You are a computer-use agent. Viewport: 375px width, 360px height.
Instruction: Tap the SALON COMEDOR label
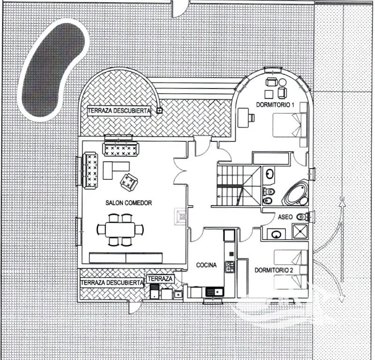point(128,203)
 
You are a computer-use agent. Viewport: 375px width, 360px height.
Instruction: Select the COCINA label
point(206,265)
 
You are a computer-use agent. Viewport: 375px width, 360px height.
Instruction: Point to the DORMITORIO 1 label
point(275,105)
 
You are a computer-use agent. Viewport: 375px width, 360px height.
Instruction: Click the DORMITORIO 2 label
point(274,270)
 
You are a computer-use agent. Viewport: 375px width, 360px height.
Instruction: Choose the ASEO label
point(285,217)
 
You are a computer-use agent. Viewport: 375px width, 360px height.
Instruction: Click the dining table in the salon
point(120,229)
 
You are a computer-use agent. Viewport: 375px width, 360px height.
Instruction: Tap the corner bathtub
point(295,193)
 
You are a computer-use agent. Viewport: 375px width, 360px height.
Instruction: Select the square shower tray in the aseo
point(300,231)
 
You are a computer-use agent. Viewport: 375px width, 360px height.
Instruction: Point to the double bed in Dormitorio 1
point(290,125)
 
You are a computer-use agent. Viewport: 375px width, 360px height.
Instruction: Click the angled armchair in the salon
point(129,182)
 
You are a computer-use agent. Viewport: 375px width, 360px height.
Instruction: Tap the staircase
point(239,185)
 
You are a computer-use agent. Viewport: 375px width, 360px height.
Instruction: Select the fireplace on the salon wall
point(180,216)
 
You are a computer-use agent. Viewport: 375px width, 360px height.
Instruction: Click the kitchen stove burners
point(230,266)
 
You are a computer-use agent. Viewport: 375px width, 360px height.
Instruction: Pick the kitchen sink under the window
point(215,292)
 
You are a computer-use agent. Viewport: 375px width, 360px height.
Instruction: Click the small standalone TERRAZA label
point(160,279)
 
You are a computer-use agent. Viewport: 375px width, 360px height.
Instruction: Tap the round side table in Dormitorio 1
point(283,82)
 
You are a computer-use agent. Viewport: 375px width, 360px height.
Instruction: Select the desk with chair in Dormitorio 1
point(245,118)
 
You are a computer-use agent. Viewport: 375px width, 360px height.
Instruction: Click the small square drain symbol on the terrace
point(159,110)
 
